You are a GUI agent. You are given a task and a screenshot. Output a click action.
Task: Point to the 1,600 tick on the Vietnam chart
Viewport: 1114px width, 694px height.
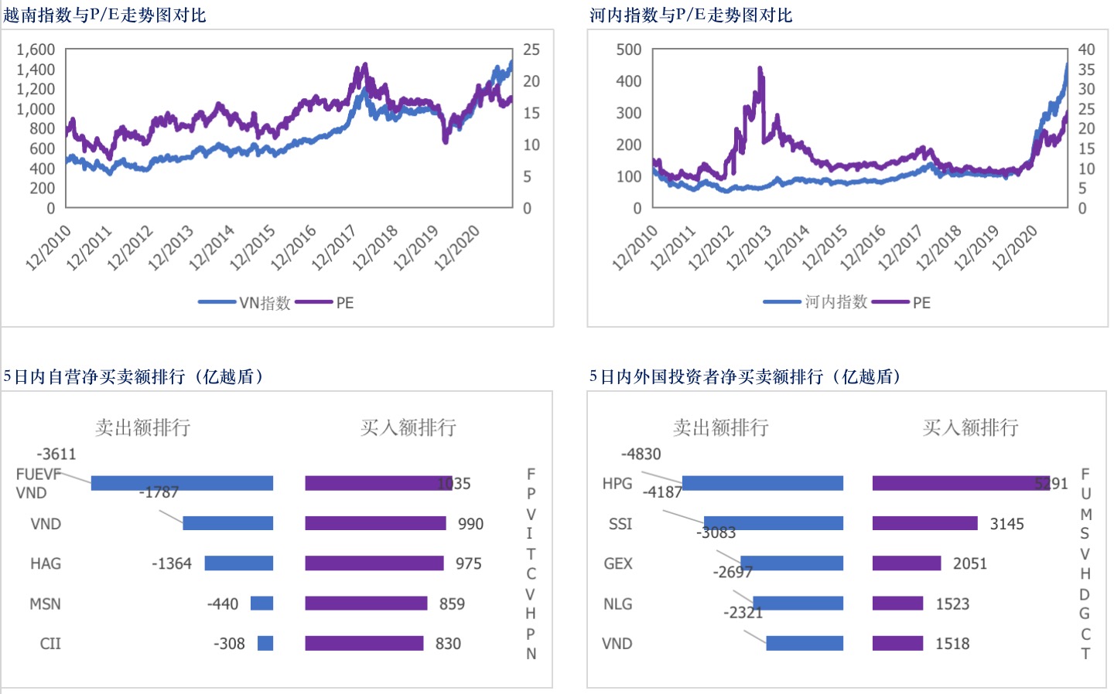point(36,49)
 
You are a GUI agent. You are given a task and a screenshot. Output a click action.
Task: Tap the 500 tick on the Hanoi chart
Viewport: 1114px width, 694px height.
point(628,49)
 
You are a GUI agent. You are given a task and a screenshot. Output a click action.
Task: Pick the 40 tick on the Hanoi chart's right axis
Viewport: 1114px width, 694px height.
point(1086,49)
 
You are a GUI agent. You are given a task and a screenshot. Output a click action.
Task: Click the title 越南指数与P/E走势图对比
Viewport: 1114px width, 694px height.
point(104,15)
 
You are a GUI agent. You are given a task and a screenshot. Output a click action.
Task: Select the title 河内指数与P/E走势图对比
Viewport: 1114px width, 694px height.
point(691,15)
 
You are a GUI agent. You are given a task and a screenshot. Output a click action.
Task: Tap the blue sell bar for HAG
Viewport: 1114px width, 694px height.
point(238,563)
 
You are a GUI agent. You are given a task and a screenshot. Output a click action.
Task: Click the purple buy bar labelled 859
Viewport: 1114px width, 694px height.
point(366,604)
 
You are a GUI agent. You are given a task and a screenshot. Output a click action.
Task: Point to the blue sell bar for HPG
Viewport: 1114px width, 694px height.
point(762,483)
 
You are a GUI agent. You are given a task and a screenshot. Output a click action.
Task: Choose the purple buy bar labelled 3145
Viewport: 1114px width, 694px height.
point(924,523)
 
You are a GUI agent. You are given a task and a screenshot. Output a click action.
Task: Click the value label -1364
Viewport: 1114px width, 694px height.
point(172,563)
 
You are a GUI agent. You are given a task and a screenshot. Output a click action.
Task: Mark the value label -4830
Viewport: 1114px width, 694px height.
point(641,454)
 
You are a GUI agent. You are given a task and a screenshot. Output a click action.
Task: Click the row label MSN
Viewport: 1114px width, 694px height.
point(45,604)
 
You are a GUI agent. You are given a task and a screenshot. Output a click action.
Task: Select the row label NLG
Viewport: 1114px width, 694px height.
point(617,604)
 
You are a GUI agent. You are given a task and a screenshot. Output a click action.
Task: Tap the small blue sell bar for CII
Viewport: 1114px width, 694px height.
point(265,643)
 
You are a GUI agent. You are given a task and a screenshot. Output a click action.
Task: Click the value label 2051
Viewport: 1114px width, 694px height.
point(970,563)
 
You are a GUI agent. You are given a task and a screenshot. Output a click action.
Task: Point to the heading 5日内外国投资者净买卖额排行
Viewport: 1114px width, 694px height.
point(745,376)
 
